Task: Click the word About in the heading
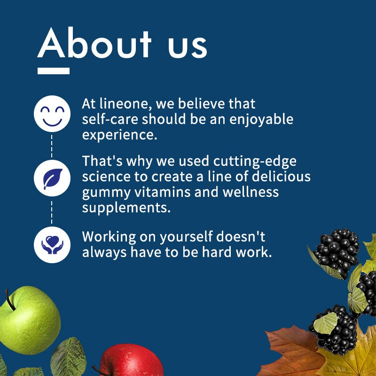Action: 94,43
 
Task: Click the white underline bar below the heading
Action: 54,71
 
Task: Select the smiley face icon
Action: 52,113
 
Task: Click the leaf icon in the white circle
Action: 52,178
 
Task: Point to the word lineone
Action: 124,104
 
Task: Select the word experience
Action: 119,135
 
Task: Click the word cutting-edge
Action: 255,162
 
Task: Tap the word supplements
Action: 126,208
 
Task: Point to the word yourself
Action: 186,237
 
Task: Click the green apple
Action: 30,321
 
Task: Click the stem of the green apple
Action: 10,300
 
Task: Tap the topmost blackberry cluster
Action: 337,252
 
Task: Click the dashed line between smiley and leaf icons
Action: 52,146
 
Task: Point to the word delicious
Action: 281,177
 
